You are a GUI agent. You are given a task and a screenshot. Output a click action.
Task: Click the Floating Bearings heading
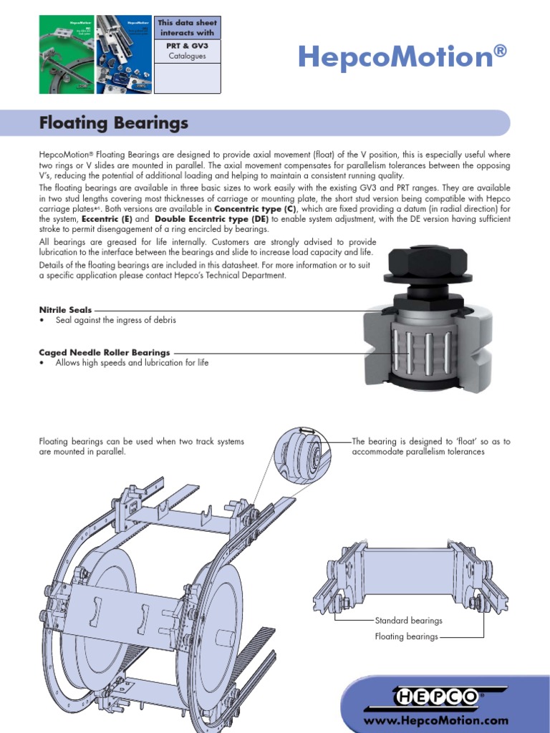[113, 123]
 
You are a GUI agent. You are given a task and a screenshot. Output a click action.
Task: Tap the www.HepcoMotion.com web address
[445, 721]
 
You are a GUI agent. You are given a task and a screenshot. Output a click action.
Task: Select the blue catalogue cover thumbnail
[123, 55]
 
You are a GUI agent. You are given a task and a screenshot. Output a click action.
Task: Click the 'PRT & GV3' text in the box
[187, 44]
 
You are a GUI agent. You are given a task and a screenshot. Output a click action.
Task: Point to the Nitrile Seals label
[65, 309]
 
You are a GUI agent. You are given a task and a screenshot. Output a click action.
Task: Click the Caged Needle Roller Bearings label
[105, 352]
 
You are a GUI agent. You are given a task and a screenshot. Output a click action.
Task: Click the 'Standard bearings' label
[408, 621]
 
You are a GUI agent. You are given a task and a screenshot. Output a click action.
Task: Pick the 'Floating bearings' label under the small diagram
[406, 636]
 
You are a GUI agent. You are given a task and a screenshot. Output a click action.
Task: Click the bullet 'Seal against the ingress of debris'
[115, 320]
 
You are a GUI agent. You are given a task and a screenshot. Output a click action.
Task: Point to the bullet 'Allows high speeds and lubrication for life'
[132, 363]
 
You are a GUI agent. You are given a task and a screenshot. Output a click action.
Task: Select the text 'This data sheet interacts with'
[187, 28]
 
